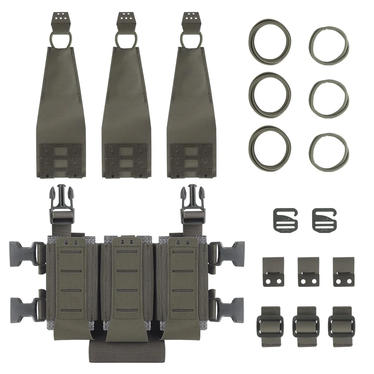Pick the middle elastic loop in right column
(x=328, y=96)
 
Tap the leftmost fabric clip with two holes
(x=273, y=272)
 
